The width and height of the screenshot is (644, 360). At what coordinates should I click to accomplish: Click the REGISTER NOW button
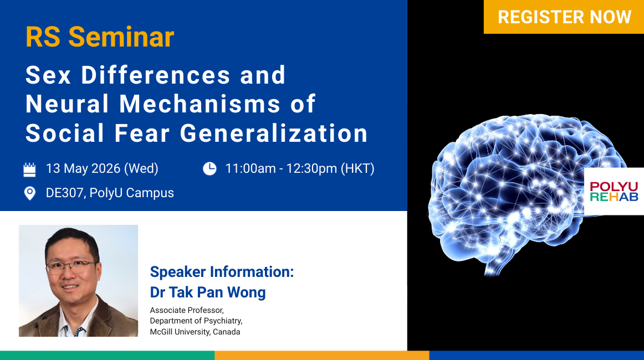point(564,17)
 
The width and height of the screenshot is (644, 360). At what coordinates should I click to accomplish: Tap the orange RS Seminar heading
point(100,37)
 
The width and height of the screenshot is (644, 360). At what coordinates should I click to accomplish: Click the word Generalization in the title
point(274,133)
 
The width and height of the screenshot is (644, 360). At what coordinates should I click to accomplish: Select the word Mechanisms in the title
point(201,104)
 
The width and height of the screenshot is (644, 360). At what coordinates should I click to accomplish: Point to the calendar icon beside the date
point(29,169)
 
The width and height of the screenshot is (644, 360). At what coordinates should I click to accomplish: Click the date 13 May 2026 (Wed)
point(102,168)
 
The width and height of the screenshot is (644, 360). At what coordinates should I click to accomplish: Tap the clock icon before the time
point(209,169)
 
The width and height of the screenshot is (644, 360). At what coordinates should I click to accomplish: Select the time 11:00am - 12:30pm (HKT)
point(300,168)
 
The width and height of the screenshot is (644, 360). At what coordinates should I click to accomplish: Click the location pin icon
point(29,193)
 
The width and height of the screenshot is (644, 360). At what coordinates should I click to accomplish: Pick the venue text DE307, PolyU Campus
point(110,193)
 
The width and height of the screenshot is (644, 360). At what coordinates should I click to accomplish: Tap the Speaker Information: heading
point(222,272)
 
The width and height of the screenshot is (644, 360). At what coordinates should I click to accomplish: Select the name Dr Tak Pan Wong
point(208,292)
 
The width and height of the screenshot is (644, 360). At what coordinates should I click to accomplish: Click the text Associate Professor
point(187,310)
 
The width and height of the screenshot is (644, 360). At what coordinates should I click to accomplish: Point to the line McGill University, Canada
point(195,332)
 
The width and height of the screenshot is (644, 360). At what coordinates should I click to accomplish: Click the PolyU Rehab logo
point(614,191)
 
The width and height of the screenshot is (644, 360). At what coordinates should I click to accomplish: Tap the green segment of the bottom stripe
point(107,356)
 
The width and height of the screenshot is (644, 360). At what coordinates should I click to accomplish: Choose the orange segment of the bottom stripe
point(322,356)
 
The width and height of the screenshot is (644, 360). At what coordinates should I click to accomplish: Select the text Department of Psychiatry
point(196,321)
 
